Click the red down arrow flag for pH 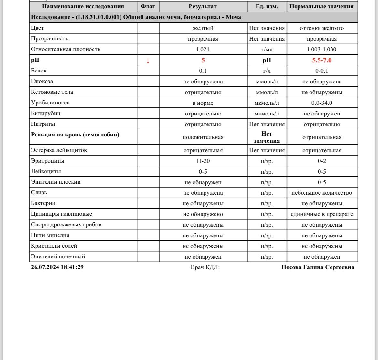click(148, 60)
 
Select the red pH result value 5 click(203, 60)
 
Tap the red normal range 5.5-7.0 click(322, 60)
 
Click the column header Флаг click(148, 6)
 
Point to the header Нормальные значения click(322, 6)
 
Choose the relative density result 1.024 click(203, 49)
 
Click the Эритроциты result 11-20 click(203, 161)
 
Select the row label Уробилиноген click(50, 103)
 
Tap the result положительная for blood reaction click(203, 137)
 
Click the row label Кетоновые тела click(52, 92)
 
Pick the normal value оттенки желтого click(322, 28)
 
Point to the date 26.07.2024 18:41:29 click(57, 267)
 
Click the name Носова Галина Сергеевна click(318, 267)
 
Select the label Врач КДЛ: click(205, 267)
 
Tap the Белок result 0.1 click(203, 71)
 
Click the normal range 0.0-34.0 click(322, 103)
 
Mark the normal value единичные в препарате click(322, 214)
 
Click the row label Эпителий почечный click(58, 257)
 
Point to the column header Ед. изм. click(267, 6)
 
